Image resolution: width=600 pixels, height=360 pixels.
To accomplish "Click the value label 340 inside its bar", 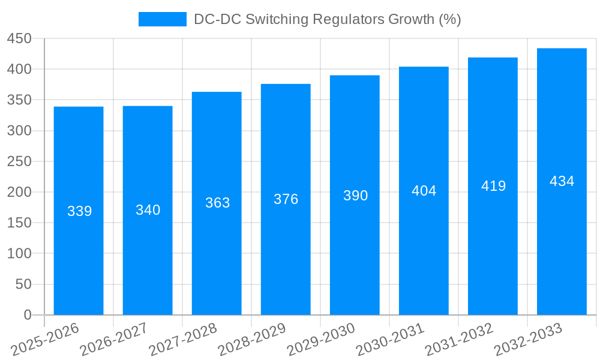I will (x=148, y=210).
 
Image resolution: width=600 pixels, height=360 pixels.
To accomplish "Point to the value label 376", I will (x=286, y=199).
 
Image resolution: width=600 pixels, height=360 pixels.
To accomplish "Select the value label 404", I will (x=424, y=191).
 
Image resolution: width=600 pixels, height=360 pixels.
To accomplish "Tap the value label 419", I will (x=493, y=186).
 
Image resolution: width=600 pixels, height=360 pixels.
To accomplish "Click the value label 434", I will (x=562, y=181).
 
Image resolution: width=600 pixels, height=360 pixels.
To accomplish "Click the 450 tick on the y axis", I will (x=19, y=38).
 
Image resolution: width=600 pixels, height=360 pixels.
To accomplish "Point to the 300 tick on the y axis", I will (x=19, y=131).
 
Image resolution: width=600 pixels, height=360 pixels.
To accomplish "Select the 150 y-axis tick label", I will (x=19, y=223).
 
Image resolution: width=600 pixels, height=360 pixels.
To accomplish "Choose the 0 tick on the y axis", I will (x=27, y=315).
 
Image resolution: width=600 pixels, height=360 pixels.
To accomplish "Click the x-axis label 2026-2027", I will (x=114, y=339).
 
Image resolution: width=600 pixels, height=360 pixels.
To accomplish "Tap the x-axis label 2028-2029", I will (x=252, y=339).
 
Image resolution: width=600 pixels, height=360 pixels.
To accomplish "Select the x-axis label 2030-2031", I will (x=390, y=339).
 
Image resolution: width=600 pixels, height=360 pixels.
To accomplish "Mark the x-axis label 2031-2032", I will (x=459, y=339).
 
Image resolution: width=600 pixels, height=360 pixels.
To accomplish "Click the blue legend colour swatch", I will (x=162, y=19).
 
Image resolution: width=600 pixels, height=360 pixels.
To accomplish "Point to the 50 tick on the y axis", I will (x=23, y=284).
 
